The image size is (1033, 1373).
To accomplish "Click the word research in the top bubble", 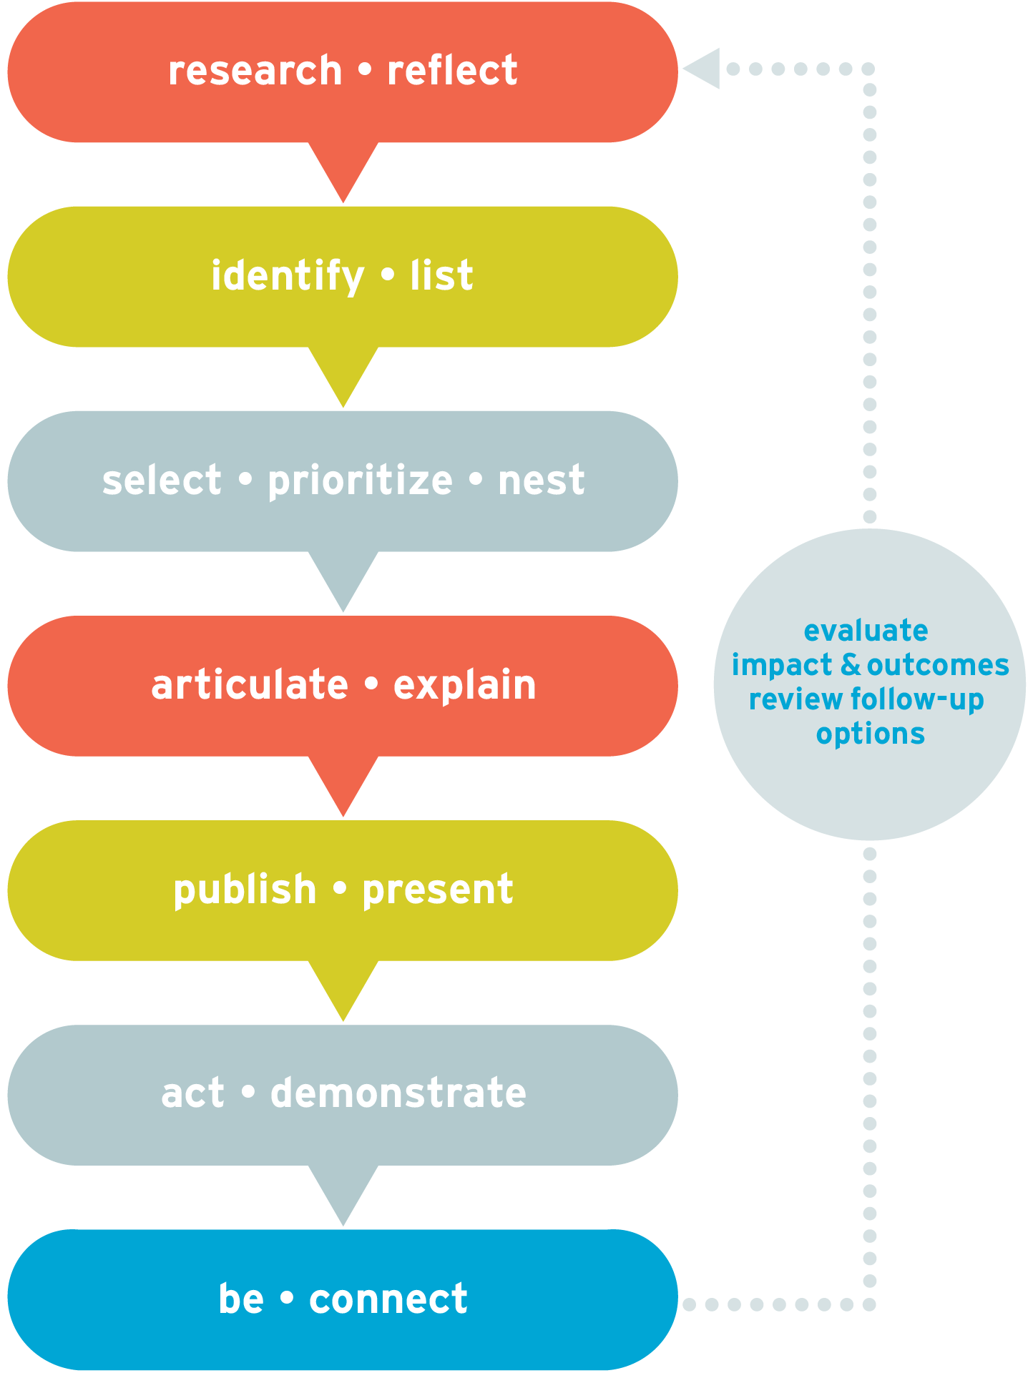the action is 255,71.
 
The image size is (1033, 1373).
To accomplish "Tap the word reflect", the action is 452,70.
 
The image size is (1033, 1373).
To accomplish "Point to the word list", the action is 441,275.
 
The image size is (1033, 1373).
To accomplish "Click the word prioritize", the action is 360,481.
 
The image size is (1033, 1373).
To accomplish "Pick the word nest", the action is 542,481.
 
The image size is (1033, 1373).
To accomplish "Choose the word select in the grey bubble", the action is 162,480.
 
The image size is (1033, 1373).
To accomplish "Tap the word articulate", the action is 250,685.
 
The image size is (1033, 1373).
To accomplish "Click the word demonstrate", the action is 398,1093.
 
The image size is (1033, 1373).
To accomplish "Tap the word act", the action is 192,1095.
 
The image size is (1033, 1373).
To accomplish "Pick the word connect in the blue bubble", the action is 388,1299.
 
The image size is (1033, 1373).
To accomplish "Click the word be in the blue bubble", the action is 241,1298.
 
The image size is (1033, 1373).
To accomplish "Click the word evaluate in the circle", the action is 866,631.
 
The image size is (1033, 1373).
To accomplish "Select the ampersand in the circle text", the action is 851,665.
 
